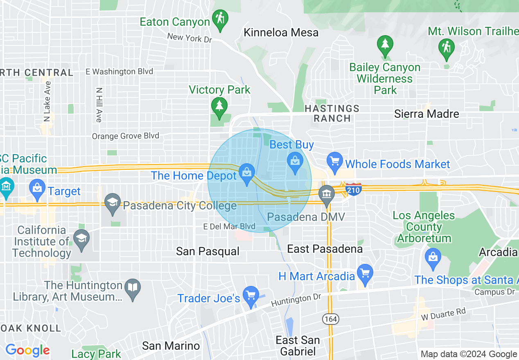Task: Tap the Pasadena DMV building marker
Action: pos(327,195)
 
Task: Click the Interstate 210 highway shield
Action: pos(353,189)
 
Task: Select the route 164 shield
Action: pos(330,319)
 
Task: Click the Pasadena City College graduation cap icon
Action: pos(113,203)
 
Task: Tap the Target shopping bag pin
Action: pos(37,189)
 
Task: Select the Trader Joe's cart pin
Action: pos(250,296)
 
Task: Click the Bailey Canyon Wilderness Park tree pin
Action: pos(385,45)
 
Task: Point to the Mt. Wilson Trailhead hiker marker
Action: pos(446,48)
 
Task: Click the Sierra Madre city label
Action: pos(426,114)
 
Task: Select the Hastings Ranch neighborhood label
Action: pos(332,113)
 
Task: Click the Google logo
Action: pos(27,351)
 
